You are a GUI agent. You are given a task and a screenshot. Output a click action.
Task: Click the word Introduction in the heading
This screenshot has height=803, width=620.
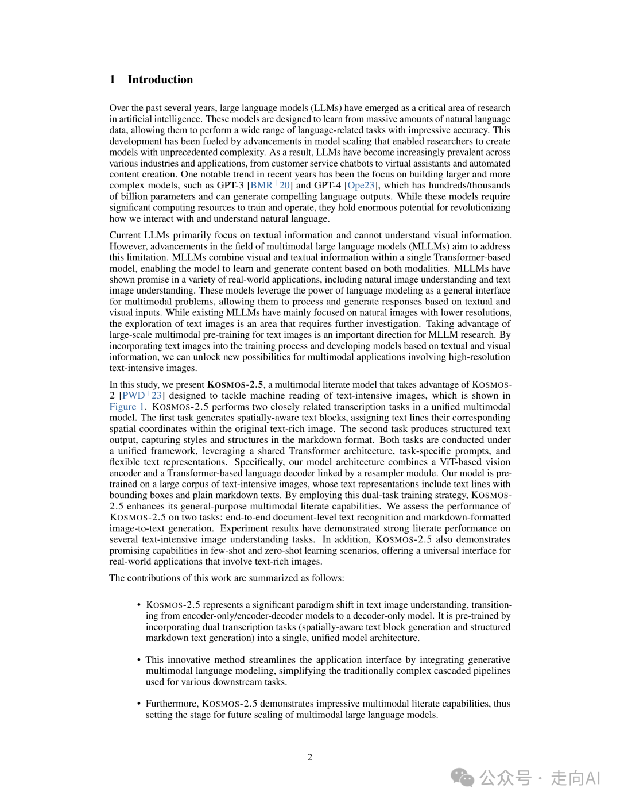160,79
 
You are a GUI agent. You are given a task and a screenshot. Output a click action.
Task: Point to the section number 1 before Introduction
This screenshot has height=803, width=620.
113,79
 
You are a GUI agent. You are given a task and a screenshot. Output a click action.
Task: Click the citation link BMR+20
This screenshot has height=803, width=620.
270,185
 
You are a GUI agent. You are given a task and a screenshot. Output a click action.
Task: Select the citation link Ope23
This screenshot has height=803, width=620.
362,185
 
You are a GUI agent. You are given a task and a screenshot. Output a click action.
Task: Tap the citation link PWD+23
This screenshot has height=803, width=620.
142,395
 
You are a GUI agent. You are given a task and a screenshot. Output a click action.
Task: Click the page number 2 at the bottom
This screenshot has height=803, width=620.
310,757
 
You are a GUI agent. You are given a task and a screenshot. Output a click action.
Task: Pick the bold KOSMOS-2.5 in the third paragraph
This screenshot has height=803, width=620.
235,384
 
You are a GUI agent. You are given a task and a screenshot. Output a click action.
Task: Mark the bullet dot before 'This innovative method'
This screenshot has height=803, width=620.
139,660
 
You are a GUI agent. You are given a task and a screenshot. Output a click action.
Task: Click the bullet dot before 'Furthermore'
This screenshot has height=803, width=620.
139,704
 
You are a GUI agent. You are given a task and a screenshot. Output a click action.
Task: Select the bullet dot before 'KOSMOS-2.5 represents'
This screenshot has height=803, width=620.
139,605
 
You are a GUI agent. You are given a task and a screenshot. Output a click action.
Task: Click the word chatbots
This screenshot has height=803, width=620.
354,163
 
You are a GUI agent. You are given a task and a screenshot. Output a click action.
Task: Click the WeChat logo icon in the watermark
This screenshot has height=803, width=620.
462,778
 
